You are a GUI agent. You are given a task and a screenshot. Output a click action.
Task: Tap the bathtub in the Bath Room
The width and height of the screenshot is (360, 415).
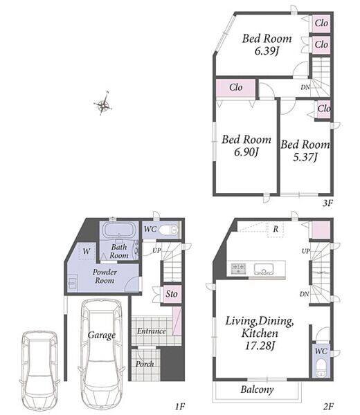118,230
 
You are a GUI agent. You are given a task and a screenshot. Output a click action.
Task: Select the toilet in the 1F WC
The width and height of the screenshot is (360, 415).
170,229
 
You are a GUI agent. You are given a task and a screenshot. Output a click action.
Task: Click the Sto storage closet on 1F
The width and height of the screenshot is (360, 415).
172,294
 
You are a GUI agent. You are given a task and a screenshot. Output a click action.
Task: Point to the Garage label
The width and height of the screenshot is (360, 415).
102,335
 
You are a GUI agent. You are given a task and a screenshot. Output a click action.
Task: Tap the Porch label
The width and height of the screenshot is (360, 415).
145,365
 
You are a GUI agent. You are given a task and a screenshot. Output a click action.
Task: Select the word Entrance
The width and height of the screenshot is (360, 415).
152,331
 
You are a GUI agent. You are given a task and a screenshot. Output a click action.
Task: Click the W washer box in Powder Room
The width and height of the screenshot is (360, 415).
87,251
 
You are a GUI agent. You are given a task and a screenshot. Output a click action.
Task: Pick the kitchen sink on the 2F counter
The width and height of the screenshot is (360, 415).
263,269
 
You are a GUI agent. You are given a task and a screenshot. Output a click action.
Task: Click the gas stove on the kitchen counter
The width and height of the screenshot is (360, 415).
238,268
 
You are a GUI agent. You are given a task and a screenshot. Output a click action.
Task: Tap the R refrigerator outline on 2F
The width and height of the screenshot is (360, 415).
276,229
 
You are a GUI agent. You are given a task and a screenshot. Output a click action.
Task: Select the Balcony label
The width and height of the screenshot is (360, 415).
257,389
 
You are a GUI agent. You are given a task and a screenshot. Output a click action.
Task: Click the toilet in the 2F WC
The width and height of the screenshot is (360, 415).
321,369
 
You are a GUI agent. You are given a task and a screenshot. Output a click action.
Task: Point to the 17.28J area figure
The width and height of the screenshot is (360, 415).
260,346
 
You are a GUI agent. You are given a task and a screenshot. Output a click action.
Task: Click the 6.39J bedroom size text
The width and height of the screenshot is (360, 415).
267,50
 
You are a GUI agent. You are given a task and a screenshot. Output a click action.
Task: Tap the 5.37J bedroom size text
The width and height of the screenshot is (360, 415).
305,157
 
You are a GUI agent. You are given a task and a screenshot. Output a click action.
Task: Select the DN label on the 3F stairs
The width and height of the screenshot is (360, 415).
305,87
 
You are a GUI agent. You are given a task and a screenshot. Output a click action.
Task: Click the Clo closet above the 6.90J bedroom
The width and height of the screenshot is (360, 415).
236,87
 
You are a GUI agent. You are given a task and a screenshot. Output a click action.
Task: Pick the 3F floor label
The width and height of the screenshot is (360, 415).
327,203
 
